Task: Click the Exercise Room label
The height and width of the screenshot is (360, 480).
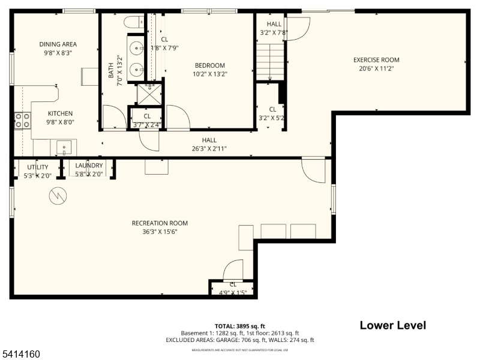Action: click(376, 59)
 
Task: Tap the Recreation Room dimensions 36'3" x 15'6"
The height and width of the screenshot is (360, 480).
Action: click(155, 232)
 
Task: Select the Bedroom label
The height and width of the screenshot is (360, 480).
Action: click(209, 65)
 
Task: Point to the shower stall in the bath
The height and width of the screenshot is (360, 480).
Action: click(146, 94)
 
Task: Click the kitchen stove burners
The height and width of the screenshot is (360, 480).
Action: click(23, 121)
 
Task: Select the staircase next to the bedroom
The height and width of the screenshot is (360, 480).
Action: click(269, 62)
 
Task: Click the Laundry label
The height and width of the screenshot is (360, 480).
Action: click(89, 166)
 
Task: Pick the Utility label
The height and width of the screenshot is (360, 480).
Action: click(38, 167)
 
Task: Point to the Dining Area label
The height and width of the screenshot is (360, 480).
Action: click(58, 44)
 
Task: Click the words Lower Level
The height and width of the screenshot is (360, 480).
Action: click(392, 326)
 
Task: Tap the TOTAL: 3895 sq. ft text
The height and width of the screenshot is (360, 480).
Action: click(239, 326)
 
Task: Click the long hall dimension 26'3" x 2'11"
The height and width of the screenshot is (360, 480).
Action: click(209, 149)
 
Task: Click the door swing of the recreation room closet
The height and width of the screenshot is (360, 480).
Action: click(234, 269)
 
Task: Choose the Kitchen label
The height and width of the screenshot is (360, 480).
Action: click(60, 113)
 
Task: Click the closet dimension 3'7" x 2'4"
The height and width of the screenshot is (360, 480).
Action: click(146, 125)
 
